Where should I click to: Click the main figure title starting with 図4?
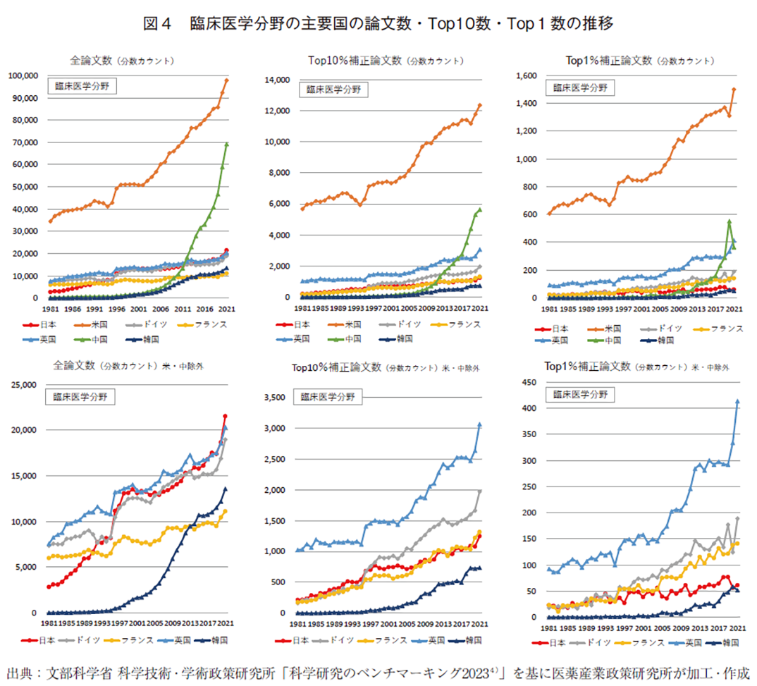coord(378,23)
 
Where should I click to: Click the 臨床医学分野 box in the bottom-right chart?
coord(581,394)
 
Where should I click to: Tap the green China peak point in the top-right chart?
coord(729,221)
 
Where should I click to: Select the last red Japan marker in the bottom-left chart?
coord(225,416)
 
